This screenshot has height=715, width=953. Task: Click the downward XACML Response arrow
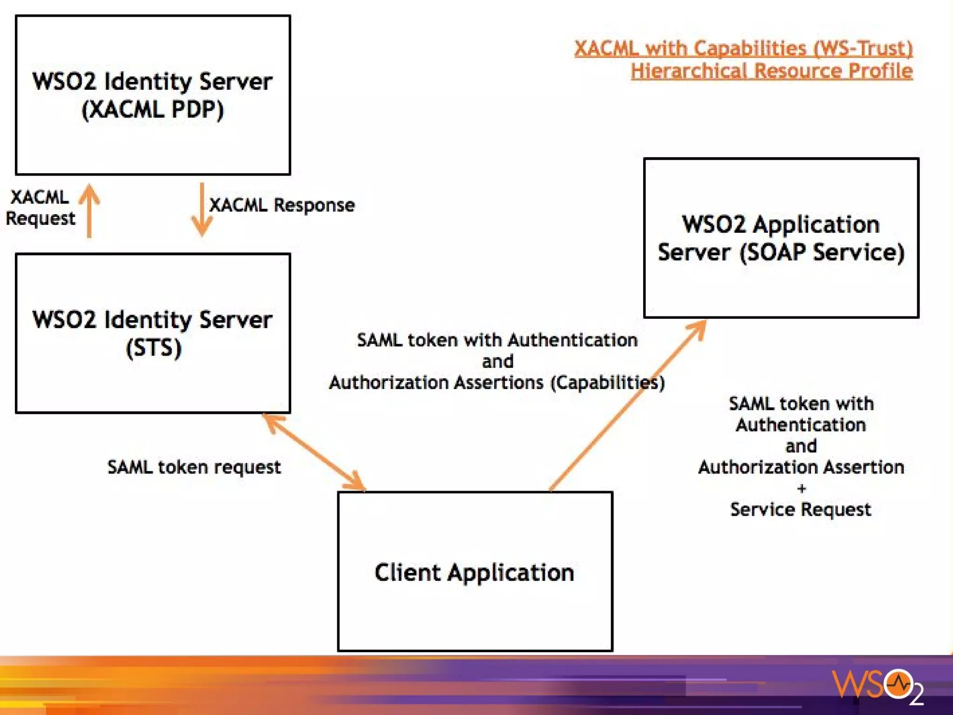(201, 209)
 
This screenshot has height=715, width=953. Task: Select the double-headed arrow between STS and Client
(315, 452)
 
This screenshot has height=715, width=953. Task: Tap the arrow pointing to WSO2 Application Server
(628, 405)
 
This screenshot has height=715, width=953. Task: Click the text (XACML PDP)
(153, 110)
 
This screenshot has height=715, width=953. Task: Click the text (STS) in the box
(154, 348)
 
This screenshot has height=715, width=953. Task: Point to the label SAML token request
(194, 467)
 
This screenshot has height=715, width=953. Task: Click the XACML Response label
(282, 205)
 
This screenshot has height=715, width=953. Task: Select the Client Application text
(474, 572)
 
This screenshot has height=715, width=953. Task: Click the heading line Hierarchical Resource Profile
(772, 71)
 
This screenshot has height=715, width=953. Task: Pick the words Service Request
(800, 509)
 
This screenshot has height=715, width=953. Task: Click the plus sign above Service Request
(801, 488)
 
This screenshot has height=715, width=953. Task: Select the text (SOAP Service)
(822, 252)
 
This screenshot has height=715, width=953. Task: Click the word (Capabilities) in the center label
(608, 383)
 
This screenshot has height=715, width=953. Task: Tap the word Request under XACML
(40, 218)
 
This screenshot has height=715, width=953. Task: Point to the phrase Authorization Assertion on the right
(801, 467)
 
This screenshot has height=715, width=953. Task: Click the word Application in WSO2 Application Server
(816, 224)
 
